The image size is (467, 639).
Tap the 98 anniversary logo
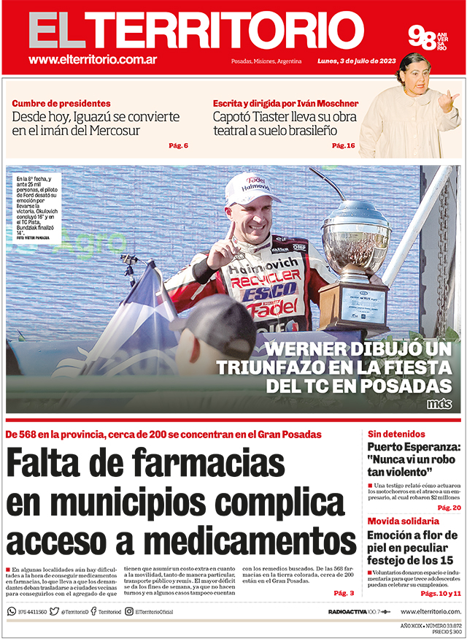(427, 37)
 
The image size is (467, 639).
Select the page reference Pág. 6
(178, 145)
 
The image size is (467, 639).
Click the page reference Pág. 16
(343, 145)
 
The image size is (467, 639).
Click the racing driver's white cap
(252, 188)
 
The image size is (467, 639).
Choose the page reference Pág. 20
(448, 507)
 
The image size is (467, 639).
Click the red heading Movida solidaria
(404, 521)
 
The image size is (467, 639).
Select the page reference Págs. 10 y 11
(441, 593)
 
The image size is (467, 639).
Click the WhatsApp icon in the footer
(12, 611)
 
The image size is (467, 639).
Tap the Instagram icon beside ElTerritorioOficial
(128, 611)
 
